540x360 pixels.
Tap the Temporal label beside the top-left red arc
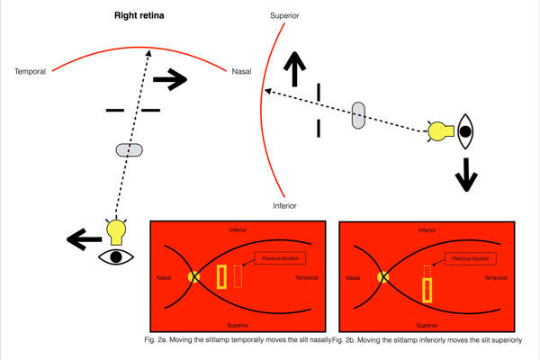coord(32,72)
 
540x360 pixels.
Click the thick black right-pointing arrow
coord(169,80)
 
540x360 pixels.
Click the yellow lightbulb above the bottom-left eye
coord(115,232)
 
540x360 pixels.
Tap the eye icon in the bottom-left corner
coord(115,257)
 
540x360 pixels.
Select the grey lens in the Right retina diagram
coord(130,149)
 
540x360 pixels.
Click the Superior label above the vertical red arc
coord(286,17)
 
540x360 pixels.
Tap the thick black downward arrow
coord(465,174)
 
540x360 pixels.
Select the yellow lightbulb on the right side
coord(439,131)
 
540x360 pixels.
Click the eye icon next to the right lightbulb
coord(464,131)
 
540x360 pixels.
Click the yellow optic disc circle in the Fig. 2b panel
coord(382,277)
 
